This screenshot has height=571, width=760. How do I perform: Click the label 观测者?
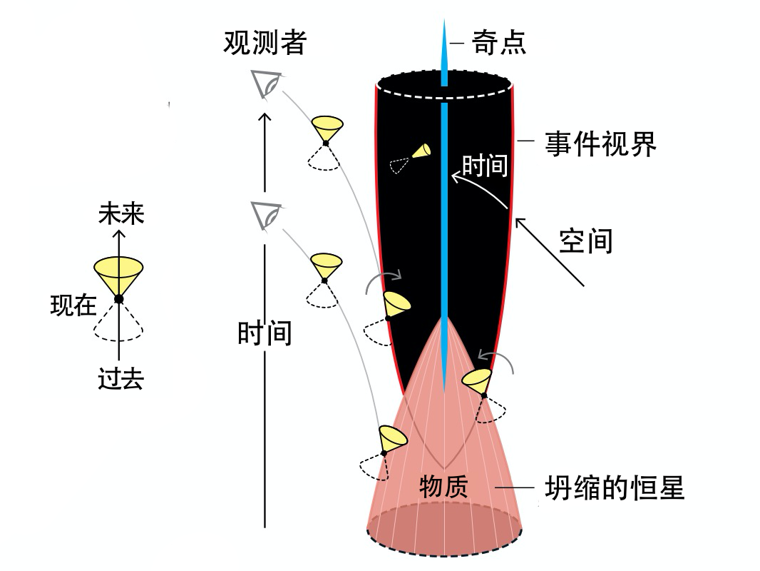[265, 43]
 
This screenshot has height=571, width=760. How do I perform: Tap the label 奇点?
[499, 43]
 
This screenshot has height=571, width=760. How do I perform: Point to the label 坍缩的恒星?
[614, 489]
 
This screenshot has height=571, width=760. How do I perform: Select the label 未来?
[121, 214]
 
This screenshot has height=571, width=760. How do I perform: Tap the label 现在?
[73, 305]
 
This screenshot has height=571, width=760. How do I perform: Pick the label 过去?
[120, 379]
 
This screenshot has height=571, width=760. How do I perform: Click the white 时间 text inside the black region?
[485, 166]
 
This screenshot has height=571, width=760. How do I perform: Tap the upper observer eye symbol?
[266, 84]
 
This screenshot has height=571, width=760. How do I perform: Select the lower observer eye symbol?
[266, 214]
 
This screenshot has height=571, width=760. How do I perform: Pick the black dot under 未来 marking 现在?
[118, 298]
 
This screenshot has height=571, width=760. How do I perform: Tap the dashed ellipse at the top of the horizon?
[444, 86]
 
